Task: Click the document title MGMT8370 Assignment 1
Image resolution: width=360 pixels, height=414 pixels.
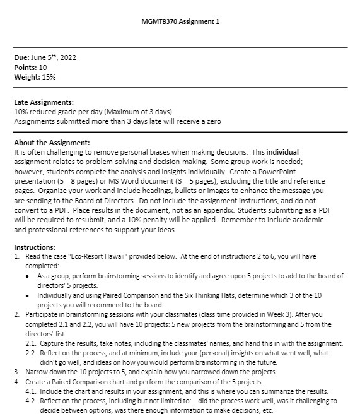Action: point(180,22)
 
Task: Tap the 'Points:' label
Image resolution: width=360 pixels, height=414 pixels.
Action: point(26,68)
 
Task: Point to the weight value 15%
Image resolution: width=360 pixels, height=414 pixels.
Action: point(49,77)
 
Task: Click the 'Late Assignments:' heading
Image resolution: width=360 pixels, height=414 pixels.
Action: point(44,102)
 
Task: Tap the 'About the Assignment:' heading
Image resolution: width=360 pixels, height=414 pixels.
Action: point(52,143)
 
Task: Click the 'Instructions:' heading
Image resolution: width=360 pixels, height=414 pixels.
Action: point(35,247)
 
